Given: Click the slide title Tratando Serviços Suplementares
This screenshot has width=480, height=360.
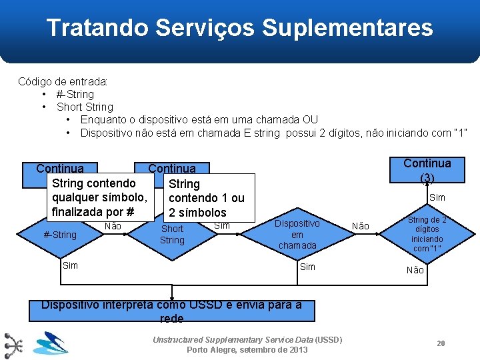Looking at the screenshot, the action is pyautogui.click(x=239, y=28).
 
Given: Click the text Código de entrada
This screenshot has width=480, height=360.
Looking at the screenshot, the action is pyautogui.click(x=63, y=81).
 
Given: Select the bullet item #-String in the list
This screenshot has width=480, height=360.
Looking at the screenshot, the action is pyautogui.click(x=75, y=94).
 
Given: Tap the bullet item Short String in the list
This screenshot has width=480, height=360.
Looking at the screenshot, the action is pyautogui.click(x=85, y=107).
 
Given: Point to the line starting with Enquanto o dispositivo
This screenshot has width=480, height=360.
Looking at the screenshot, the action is pyautogui.click(x=199, y=119).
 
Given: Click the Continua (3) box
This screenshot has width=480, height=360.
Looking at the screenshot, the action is pyautogui.click(x=427, y=171).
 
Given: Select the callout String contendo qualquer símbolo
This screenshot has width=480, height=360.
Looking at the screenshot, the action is pyautogui.click(x=99, y=197).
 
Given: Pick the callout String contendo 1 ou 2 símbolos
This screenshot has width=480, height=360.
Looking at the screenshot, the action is pyautogui.click(x=206, y=198).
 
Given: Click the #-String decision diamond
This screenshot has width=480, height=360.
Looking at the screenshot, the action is pyautogui.click(x=60, y=235).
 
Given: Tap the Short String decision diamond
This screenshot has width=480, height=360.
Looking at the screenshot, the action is pyautogui.click(x=172, y=234).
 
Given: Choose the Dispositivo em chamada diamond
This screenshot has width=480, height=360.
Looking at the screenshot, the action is pyautogui.click(x=297, y=234).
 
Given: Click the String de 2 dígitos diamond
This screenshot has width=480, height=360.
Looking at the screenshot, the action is pyautogui.click(x=427, y=234).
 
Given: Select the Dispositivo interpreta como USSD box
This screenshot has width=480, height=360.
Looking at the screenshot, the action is pyautogui.click(x=172, y=311).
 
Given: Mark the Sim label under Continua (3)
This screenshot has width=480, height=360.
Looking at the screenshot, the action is pyautogui.click(x=437, y=197).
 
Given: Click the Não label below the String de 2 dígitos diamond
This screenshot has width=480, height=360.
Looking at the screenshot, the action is pyautogui.click(x=415, y=270).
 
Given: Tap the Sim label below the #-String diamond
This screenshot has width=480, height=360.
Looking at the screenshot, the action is pyautogui.click(x=70, y=265).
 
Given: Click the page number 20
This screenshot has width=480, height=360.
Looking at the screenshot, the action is pyautogui.click(x=441, y=343).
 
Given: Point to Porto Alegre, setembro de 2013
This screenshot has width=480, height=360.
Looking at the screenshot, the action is pyautogui.click(x=247, y=350).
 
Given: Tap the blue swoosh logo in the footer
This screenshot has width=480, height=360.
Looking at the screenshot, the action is pyautogui.click(x=51, y=344).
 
